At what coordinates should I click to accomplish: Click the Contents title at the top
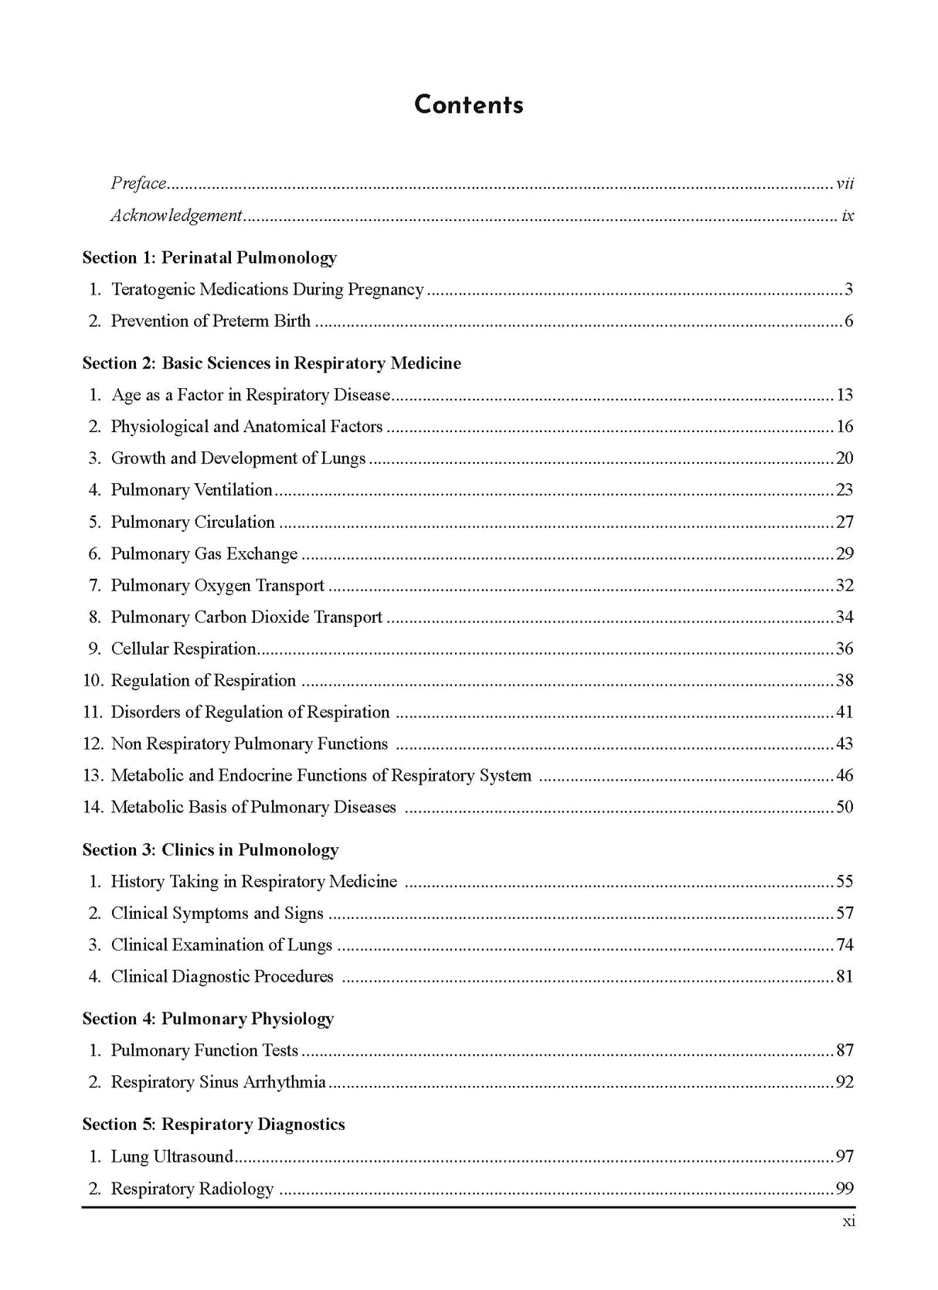click(x=468, y=105)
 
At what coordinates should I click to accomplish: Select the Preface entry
click(x=139, y=183)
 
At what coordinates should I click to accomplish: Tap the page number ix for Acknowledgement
click(x=848, y=216)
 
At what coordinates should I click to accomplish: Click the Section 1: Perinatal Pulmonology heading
click(x=209, y=257)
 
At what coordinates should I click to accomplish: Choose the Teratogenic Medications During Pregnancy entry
click(x=267, y=290)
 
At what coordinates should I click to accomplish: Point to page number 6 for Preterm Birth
click(x=848, y=322)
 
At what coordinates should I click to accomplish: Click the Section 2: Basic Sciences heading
click(x=271, y=363)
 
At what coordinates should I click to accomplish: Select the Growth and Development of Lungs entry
click(x=238, y=458)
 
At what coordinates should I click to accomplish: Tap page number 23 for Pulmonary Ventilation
click(x=845, y=490)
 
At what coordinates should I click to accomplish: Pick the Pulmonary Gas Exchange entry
click(x=204, y=554)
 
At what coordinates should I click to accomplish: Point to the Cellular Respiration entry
click(x=183, y=649)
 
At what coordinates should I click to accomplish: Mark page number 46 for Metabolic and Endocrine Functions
click(x=845, y=776)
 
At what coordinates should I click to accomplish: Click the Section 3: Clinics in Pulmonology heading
click(x=210, y=850)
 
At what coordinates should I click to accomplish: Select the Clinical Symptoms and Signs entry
click(x=217, y=914)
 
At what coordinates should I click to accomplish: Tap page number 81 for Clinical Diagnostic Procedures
click(x=845, y=977)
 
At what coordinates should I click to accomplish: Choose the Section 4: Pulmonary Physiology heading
click(x=208, y=1019)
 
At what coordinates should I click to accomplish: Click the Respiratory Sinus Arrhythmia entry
click(x=218, y=1082)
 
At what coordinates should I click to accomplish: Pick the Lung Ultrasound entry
click(x=172, y=1157)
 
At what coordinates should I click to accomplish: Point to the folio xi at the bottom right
click(x=848, y=1222)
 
